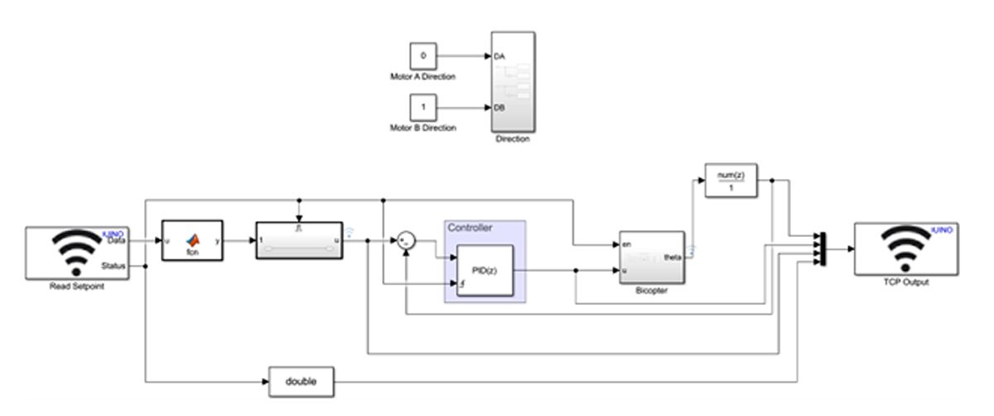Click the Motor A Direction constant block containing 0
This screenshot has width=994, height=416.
(423, 56)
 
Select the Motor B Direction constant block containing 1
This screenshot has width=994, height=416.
(423, 108)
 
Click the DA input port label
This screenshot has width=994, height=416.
(499, 56)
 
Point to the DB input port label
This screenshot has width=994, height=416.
(499, 108)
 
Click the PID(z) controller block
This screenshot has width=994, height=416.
(485, 271)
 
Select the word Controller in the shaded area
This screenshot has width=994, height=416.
(470, 227)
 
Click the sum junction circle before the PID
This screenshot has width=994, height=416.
(406, 242)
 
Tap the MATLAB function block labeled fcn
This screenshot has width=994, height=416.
(192, 240)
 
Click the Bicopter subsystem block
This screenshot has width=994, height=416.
(650, 258)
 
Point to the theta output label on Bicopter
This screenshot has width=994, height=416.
(673, 257)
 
